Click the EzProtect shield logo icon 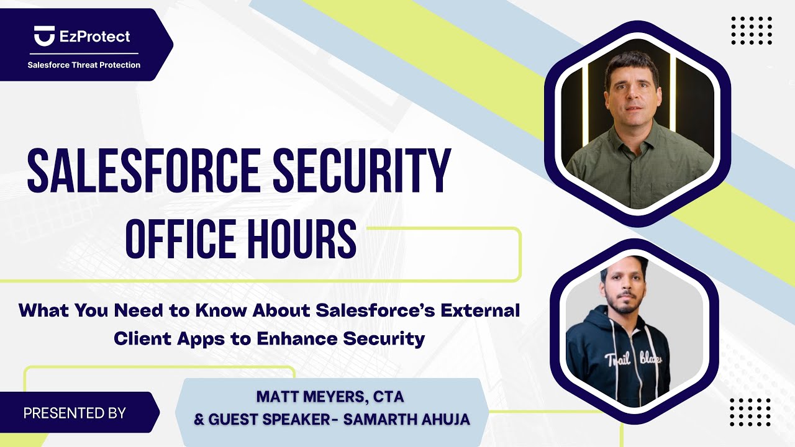point(44,36)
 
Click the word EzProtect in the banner point(95,36)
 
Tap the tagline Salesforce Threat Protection point(84,65)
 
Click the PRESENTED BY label point(75,413)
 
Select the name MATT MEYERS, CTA point(330,395)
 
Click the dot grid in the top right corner point(752,30)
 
